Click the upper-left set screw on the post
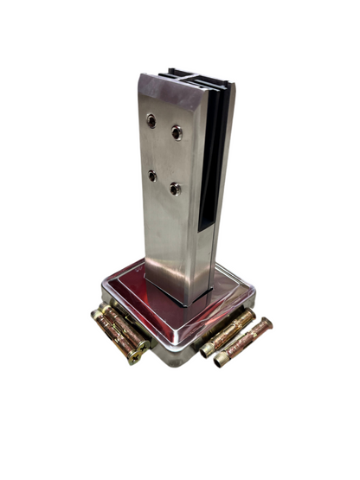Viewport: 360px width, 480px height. click(152, 121)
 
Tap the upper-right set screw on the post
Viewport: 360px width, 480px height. click(177, 131)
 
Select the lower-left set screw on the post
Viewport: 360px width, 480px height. click(152, 176)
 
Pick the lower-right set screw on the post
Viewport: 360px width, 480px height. click(175, 188)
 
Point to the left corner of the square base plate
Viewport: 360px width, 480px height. click(103, 286)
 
